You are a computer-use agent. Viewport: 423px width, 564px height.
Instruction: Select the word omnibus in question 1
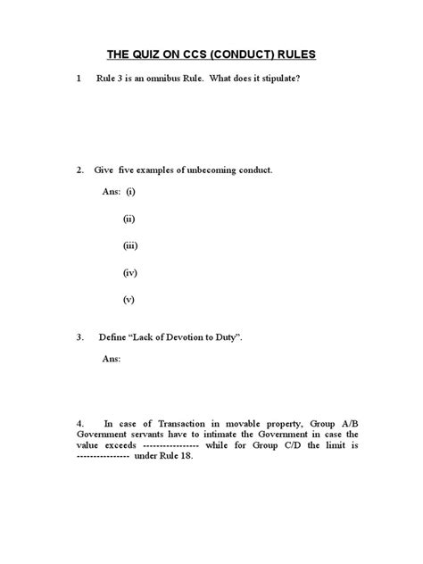coord(163,79)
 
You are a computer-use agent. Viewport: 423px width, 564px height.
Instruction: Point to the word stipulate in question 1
coord(277,79)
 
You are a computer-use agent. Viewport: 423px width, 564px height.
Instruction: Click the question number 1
coord(79,79)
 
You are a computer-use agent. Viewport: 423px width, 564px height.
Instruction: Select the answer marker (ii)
coord(129,219)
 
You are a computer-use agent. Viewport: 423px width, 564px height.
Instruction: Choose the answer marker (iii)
coord(130,245)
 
